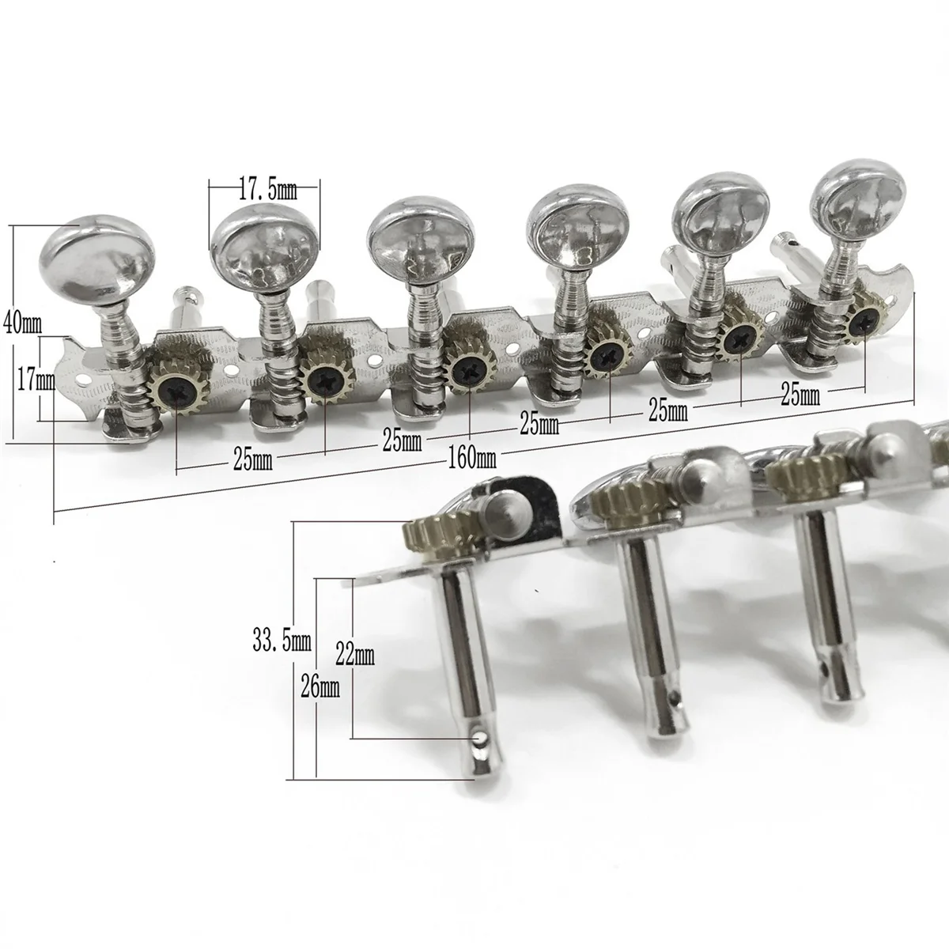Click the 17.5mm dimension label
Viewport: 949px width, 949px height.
[266, 190]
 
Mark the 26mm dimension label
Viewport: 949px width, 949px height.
[321, 687]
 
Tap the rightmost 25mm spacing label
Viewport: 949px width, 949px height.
[800, 395]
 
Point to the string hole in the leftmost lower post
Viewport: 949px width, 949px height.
[477, 739]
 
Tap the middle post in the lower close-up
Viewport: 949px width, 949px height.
[650, 648]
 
